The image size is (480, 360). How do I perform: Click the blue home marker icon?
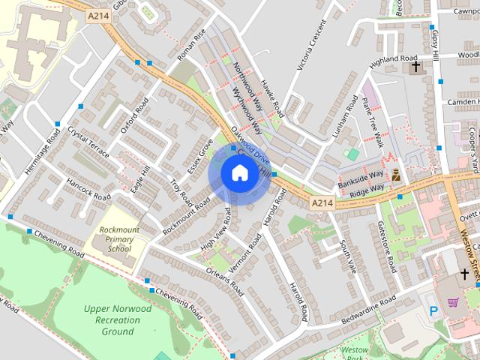click(x=239, y=173)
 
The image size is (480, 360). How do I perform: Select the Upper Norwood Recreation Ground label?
click(x=118, y=319)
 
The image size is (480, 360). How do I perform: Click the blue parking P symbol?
click(x=432, y=310)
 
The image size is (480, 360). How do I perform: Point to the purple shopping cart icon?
click(x=453, y=302)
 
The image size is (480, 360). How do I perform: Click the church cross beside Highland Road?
click(x=415, y=67)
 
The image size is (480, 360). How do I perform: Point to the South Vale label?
click(x=347, y=256)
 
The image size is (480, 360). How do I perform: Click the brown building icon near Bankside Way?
click(x=395, y=175)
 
